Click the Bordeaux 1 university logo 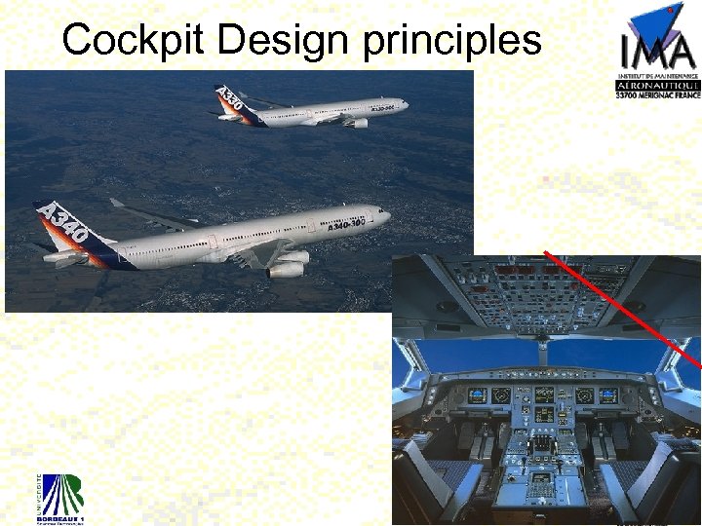click(61, 494)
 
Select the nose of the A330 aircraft click(405, 102)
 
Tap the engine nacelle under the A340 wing click(288, 265)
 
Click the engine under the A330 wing click(358, 123)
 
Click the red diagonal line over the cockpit click(624, 307)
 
